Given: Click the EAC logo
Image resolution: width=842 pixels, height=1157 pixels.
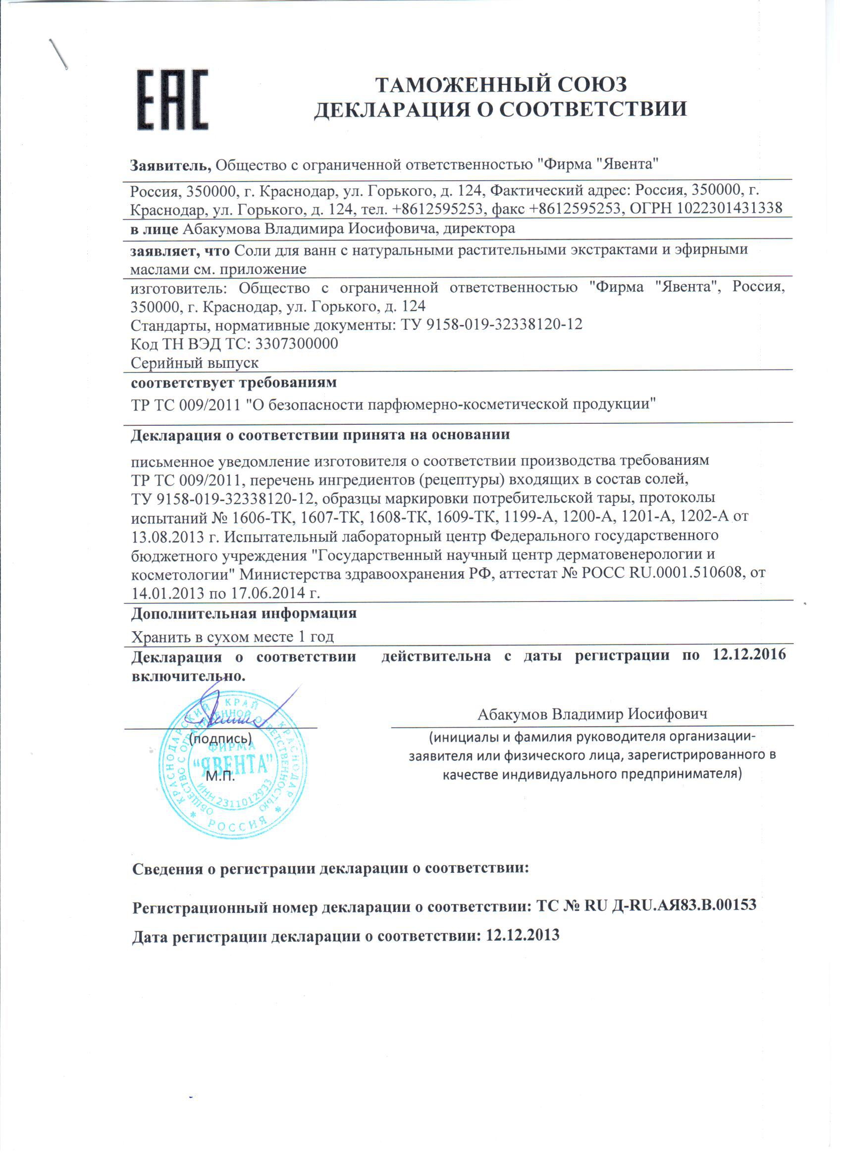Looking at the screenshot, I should click(173, 99).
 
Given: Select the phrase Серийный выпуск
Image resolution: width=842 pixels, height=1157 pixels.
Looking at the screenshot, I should click(195, 363).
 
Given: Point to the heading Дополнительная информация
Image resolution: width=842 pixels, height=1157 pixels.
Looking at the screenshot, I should click(243, 613).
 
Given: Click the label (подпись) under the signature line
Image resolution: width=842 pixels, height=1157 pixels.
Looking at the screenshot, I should click(220, 738).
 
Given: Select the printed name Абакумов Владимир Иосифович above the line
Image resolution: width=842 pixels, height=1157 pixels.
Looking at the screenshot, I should click(592, 714).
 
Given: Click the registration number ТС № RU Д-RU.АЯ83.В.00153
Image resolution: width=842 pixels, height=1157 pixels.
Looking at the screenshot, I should click(646, 905).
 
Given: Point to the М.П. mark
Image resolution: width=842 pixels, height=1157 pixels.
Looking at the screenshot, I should click(220, 776).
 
